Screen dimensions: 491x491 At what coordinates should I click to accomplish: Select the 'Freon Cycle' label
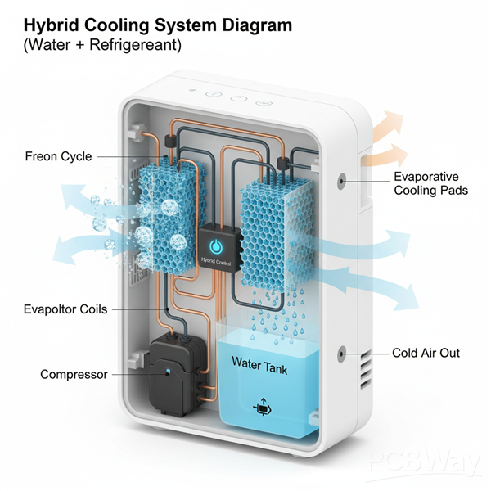point(59,156)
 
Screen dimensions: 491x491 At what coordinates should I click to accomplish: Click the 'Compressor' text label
point(74,375)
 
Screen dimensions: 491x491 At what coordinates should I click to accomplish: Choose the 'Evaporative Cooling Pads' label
point(426,183)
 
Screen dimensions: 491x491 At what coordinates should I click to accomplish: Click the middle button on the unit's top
point(237,97)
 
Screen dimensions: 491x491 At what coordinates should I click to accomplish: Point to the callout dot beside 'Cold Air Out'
point(340,353)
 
